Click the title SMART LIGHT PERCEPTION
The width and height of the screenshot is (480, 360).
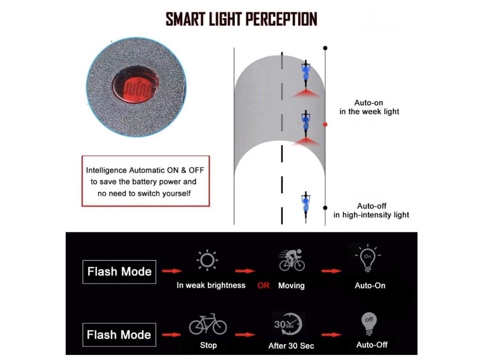point(241,19)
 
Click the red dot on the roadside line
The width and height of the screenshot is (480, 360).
point(325,125)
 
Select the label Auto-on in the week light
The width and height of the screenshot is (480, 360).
point(369,107)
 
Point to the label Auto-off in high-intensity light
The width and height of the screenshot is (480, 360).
point(371,210)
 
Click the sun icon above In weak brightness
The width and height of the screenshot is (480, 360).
point(207,260)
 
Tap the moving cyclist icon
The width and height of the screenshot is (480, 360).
point(292,260)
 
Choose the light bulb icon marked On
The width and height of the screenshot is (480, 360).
point(367,258)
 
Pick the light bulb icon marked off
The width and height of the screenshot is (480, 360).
point(369,323)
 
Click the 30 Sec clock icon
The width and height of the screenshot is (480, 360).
point(288,324)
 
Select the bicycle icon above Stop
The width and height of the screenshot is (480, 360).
point(208,324)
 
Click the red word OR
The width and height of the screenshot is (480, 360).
point(263,285)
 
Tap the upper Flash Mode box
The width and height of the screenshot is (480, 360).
point(120,272)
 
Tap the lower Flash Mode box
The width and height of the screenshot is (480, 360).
point(120,335)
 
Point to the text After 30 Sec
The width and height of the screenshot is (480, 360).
point(291,346)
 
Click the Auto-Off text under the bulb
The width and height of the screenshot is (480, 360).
point(372,345)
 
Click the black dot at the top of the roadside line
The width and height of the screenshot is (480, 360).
point(325,48)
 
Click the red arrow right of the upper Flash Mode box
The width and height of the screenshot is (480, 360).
point(172,271)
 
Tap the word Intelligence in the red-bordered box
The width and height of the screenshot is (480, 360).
point(106,171)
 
